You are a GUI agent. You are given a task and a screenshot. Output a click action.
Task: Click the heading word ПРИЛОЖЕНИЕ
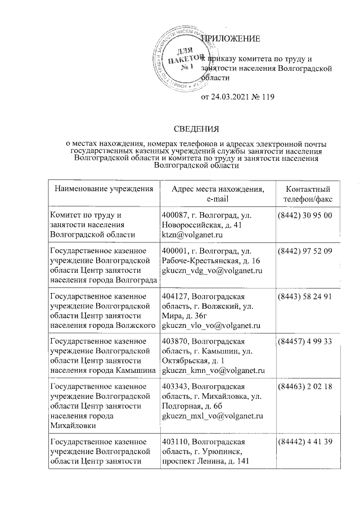pos(232,39)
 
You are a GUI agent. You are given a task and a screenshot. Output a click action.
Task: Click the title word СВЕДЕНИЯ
pos(196,130)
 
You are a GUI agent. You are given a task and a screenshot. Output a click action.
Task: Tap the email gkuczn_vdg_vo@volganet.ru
pos(213,271)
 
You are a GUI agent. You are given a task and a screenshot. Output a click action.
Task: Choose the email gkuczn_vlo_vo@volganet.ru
pos(210,325)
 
